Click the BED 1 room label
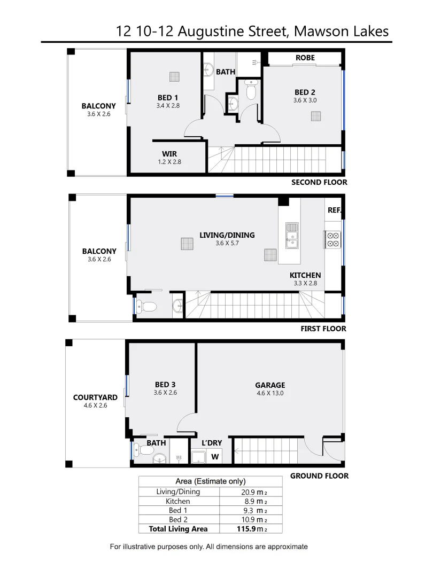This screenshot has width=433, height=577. [x=168, y=97]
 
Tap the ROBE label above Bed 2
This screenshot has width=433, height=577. [x=305, y=58]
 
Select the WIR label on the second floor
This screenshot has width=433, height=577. [x=169, y=154]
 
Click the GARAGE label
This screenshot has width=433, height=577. [x=269, y=385]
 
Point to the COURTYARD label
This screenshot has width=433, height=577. [x=95, y=397]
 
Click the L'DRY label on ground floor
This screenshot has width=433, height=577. [x=212, y=443]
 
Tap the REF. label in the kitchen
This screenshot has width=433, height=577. [x=334, y=210]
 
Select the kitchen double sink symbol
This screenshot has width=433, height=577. [x=292, y=236]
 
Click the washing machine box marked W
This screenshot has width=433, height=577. [x=215, y=457]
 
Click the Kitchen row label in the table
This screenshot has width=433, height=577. [x=177, y=501]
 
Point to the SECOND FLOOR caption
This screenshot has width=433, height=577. [x=319, y=182]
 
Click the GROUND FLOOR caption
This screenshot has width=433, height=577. [x=319, y=475]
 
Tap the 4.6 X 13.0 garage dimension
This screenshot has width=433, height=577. [x=269, y=393]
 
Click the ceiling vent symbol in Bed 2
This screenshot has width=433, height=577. [x=317, y=116]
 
